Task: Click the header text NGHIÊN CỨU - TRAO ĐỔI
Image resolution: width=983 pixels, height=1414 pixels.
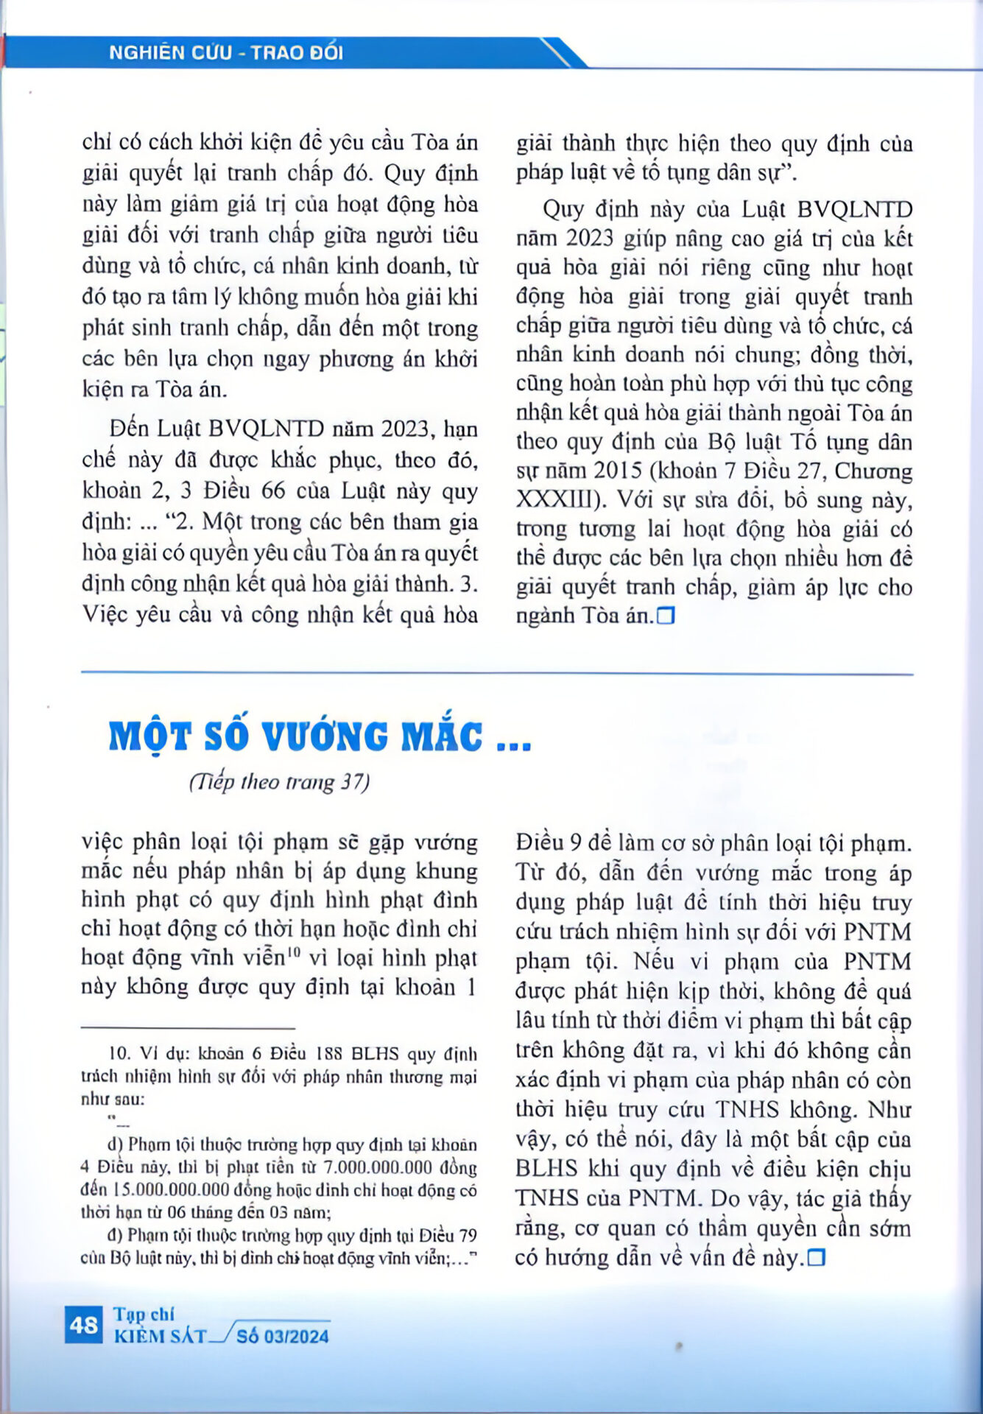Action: (x=225, y=53)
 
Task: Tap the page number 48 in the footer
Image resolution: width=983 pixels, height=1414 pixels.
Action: (x=84, y=1325)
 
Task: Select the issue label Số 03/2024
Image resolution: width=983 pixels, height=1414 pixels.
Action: (x=283, y=1336)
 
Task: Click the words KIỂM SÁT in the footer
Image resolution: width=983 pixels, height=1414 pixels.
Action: (x=161, y=1336)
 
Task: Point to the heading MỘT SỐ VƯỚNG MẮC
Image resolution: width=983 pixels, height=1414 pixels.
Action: (x=320, y=736)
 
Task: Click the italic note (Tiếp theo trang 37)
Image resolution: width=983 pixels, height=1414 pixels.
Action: (x=279, y=781)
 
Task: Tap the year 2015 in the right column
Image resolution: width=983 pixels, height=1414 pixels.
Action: (x=618, y=471)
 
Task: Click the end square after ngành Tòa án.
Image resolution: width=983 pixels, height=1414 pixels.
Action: (x=666, y=616)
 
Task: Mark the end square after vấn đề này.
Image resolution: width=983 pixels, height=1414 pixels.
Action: (x=816, y=1259)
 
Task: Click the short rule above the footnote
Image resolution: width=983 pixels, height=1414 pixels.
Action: (x=188, y=1028)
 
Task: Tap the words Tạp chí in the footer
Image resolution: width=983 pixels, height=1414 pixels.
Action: (x=144, y=1314)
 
